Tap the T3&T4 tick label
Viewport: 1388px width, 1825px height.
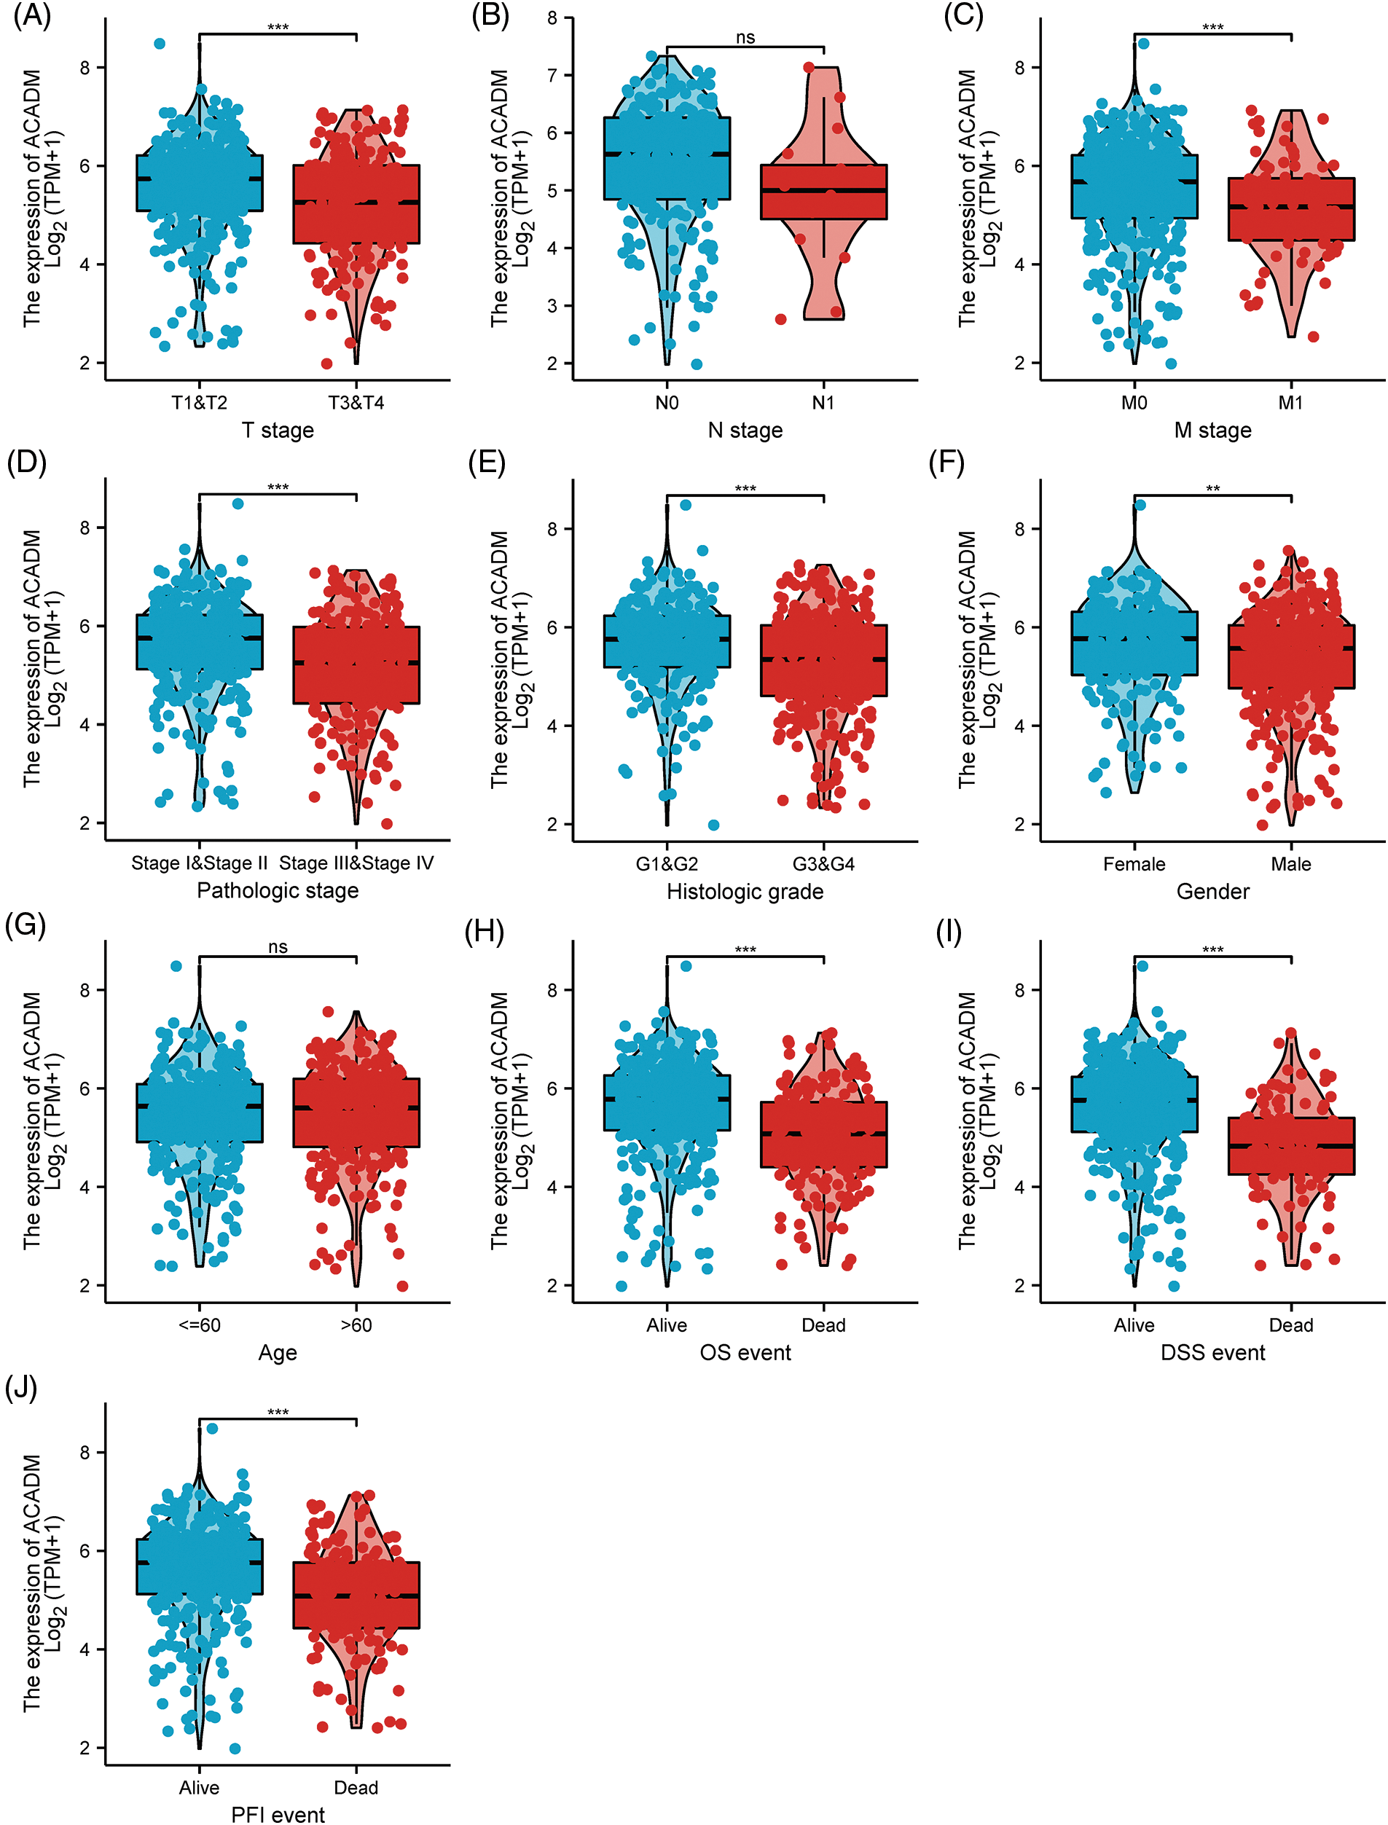coord(356,402)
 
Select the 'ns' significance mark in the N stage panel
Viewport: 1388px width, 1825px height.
coord(745,37)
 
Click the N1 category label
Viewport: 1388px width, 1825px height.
coord(823,402)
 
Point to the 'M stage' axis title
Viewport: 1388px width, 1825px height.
coord(1212,431)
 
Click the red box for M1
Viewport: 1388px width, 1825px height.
coord(1290,209)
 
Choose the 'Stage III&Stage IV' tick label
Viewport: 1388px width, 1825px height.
coord(356,863)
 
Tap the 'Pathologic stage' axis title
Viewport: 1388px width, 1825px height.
coord(278,890)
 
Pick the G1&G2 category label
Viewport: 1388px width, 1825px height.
coord(667,863)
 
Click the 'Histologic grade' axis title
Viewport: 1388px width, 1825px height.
coord(745,892)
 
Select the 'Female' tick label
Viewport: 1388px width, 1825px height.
coord(1134,863)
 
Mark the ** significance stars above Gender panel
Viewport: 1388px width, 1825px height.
coord(1212,489)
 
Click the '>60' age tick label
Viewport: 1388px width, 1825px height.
coord(356,1325)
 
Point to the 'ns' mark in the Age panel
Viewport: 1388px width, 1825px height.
coord(278,947)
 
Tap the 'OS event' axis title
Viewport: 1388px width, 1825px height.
coord(745,1352)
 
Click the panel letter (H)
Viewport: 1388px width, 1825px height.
coord(484,932)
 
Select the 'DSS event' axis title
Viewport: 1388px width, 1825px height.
coord(1212,1352)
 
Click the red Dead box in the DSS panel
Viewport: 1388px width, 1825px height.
coord(1290,1146)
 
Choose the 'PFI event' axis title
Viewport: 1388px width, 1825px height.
coord(278,1814)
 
